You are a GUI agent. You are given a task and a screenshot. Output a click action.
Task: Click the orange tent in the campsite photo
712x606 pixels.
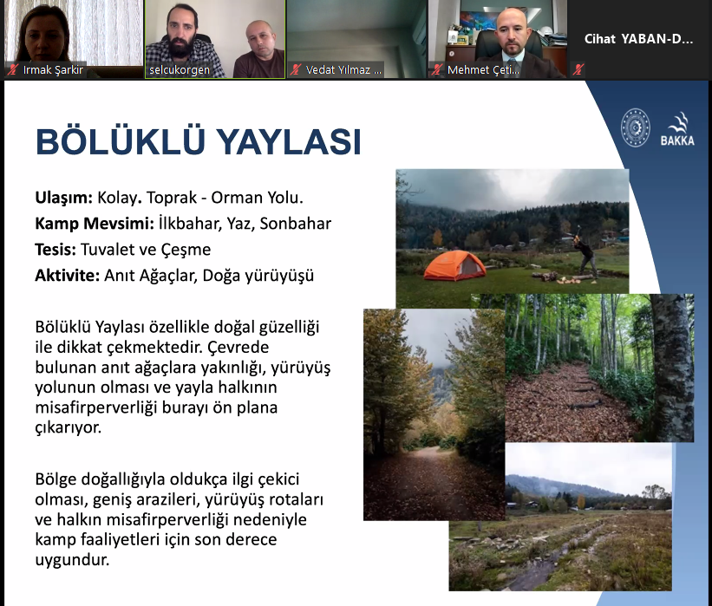(455, 265)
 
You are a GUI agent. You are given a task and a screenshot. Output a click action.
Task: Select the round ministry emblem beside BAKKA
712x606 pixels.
(636, 127)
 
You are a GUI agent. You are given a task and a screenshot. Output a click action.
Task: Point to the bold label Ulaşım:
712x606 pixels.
(63, 198)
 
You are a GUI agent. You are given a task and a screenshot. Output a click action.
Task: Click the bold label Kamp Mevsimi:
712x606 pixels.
(95, 224)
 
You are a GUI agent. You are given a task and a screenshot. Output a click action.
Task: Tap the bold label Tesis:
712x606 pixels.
(56, 250)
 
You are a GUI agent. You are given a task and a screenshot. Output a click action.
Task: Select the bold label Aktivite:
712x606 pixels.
(67, 275)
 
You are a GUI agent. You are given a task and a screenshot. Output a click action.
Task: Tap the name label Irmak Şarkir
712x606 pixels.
(53, 70)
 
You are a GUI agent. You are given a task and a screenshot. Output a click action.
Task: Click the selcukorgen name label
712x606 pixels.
(180, 70)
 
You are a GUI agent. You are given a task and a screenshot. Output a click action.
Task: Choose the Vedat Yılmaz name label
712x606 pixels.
(343, 70)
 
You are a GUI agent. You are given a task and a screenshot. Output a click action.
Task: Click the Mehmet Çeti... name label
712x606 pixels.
(483, 70)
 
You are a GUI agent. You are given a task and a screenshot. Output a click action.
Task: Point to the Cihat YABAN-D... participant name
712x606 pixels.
(638, 39)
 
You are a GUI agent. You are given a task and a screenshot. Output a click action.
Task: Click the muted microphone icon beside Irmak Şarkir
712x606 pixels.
(13, 70)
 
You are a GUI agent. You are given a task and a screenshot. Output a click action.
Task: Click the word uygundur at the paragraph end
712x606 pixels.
(72, 560)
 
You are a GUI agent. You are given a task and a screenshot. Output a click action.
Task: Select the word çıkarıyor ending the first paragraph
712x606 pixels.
(69, 427)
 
